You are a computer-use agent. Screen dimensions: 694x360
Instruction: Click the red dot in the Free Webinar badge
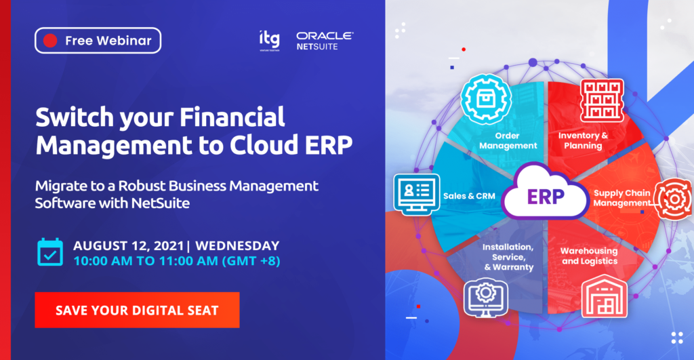50,41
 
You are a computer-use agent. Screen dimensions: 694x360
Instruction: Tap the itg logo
270,41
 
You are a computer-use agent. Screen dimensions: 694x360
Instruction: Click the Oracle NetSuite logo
325,41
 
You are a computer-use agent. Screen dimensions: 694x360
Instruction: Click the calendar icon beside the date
50,252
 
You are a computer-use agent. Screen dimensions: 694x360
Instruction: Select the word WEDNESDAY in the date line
237,245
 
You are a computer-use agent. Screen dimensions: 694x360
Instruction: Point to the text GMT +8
251,261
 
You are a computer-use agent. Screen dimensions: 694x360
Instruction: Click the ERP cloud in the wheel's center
546,193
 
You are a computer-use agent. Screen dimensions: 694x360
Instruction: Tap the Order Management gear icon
486,99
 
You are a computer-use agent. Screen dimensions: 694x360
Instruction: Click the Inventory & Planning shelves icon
602,100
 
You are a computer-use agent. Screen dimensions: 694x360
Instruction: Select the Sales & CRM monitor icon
417,195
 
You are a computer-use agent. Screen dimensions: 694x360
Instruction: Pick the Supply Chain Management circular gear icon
674,199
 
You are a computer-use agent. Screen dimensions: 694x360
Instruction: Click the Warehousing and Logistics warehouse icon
604,296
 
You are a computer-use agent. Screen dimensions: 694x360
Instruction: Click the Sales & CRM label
469,196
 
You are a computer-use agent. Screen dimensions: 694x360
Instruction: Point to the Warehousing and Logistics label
589,256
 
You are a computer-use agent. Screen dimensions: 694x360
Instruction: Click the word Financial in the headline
232,117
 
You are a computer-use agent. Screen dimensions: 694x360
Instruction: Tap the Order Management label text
508,141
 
